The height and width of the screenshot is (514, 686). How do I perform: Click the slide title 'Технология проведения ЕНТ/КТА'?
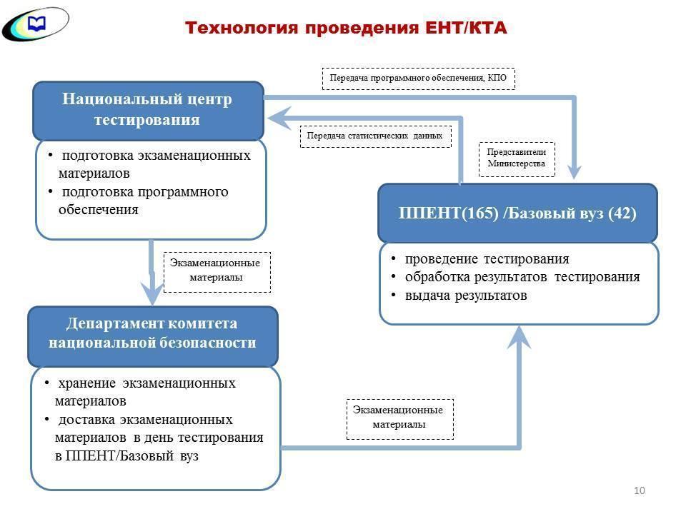coord(346,28)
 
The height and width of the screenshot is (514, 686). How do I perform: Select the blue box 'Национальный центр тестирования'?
coord(148,109)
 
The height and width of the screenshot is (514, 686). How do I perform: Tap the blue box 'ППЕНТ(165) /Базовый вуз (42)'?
coord(517,213)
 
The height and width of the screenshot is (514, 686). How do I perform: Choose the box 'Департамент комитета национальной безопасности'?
coord(152,333)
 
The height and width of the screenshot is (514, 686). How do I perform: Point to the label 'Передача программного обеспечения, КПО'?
coord(418,78)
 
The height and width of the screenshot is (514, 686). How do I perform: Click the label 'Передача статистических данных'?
coord(375,136)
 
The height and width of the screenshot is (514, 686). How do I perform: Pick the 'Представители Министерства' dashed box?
coord(516,158)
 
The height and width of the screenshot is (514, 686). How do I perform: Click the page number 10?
coord(639,490)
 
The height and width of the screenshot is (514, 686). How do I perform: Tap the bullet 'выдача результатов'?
coord(466,295)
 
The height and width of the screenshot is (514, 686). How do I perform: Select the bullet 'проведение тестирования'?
coord(487,258)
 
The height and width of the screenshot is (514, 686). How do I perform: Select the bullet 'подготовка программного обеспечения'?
coord(144,201)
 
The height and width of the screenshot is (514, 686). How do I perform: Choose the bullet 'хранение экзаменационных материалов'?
coord(146,392)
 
